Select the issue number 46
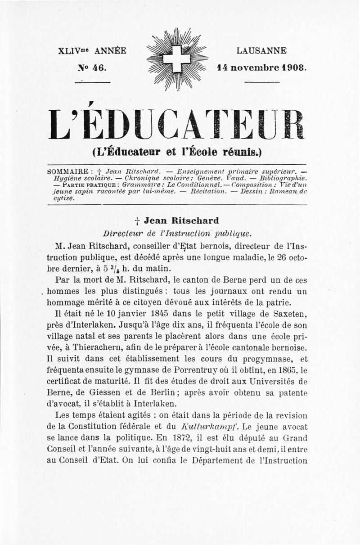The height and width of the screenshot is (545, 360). [92, 68]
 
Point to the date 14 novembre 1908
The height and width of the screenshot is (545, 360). [261, 68]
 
